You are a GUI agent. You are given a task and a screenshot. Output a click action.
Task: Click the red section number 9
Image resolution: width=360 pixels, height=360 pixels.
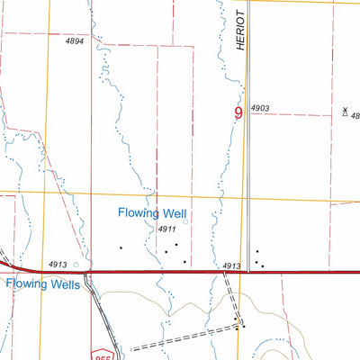coord(238,113)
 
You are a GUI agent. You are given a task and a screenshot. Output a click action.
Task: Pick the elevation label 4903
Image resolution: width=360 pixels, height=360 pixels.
coord(260,108)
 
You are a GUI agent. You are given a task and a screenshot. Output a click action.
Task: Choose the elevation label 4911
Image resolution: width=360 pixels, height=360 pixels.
coord(166,230)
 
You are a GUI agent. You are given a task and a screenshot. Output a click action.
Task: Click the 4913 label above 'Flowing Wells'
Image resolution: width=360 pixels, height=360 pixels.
coord(58,264)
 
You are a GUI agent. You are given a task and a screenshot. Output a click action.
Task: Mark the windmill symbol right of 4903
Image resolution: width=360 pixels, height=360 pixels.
coord(345,112)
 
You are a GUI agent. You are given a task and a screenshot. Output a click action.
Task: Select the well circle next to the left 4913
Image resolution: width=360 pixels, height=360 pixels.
coord(76,265)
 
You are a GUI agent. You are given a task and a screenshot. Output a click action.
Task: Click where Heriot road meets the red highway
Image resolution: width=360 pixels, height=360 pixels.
coord(248,271)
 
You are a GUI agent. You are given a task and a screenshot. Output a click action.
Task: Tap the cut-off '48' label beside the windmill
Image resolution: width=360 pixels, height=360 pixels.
coord(355,115)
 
